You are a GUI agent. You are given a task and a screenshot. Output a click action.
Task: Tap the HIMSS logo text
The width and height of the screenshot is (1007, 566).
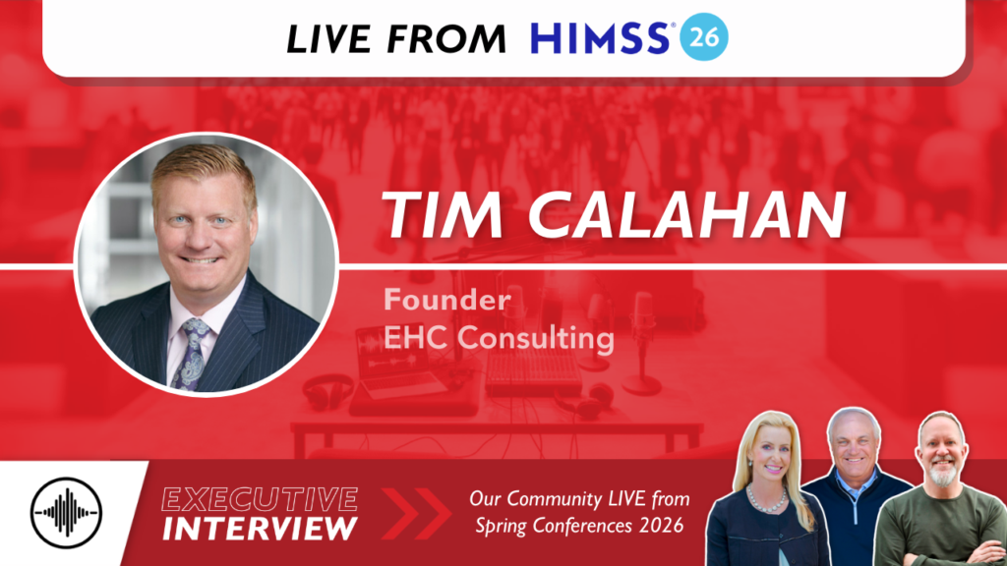point(603,38)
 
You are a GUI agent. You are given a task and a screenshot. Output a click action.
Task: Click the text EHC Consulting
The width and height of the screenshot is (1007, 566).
point(500,339)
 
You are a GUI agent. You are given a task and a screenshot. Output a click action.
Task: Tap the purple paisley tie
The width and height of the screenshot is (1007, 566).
point(190,353)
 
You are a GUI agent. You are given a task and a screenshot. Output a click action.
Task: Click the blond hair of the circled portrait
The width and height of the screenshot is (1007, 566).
point(203,173)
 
